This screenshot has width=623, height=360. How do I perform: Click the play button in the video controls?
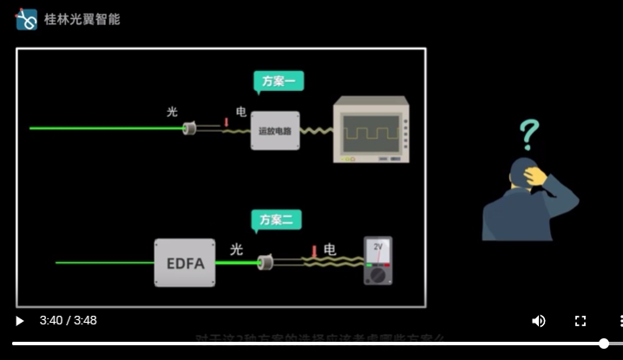(19, 321)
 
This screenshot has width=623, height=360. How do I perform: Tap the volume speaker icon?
(539, 321)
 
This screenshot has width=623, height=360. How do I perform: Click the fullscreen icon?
(580, 321)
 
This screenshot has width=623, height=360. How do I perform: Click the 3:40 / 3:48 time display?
(68, 321)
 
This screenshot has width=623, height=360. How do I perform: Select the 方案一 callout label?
(278, 82)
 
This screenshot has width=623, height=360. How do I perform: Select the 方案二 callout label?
(277, 220)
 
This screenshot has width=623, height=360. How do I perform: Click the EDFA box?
(185, 262)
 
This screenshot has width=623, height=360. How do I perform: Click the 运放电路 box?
(275, 131)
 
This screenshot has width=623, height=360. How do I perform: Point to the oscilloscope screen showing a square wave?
(371, 133)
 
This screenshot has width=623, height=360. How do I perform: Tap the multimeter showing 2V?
(377, 260)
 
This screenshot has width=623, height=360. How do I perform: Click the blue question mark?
(528, 135)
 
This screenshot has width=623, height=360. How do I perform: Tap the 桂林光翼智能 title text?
(82, 19)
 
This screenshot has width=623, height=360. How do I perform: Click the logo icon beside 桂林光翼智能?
(26, 19)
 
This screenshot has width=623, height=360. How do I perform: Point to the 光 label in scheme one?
(172, 112)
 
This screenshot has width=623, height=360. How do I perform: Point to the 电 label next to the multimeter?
(330, 250)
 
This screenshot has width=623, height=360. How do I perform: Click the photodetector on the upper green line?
(189, 128)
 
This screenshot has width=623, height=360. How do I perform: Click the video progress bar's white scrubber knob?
(604, 344)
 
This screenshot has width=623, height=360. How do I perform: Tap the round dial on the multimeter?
(377, 275)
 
